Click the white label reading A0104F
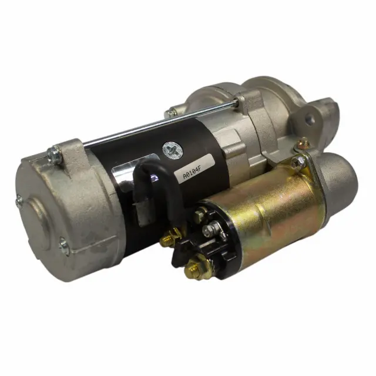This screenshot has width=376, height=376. [x=194, y=168]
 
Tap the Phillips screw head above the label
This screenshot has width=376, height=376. [x=172, y=150]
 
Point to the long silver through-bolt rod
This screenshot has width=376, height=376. [x=158, y=124]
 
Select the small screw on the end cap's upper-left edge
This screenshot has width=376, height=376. [x=19, y=201]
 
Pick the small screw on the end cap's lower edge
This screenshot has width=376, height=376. [x=64, y=247]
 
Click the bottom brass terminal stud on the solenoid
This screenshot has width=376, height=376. [x=194, y=268]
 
